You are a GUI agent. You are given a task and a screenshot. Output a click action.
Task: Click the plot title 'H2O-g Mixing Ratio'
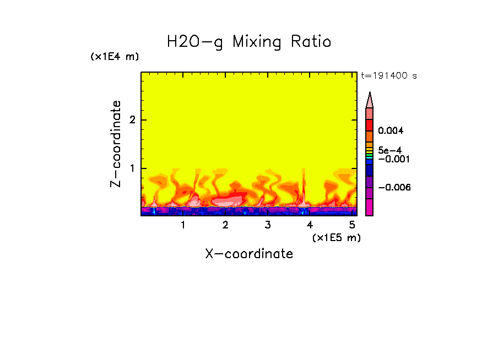(249, 42)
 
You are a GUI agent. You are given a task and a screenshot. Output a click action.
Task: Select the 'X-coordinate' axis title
(249, 254)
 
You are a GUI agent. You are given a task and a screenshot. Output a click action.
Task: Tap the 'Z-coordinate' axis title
(116, 144)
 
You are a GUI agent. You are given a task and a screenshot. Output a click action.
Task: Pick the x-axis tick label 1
(183, 225)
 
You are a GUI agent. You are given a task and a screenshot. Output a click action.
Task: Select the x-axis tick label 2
(225, 225)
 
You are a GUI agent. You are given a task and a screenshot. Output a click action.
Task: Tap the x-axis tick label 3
(268, 225)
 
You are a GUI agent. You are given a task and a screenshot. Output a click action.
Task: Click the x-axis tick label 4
(310, 225)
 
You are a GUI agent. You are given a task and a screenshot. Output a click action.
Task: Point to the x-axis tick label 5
(351, 225)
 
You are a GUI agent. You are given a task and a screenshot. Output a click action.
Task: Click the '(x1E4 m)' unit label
(115, 57)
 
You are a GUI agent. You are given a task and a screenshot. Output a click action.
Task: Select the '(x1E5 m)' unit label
(336, 237)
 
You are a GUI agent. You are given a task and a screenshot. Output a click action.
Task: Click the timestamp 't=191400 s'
(388, 75)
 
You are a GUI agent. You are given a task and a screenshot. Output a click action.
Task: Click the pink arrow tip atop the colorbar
(370, 100)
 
